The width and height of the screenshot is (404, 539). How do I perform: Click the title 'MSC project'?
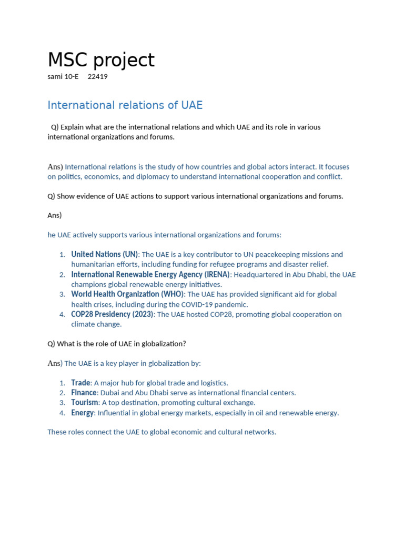point(101,61)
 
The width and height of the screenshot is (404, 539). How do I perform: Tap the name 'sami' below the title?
point(55,77)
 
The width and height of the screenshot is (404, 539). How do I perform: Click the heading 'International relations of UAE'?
point(125,105)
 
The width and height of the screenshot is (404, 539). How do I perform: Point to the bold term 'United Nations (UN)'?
point(104,254)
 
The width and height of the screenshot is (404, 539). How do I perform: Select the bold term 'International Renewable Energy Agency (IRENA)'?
point(150,274)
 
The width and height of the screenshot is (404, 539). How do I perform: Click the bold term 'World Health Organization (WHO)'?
point(127,294)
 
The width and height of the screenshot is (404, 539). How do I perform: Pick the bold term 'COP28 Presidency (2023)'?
point(112,314)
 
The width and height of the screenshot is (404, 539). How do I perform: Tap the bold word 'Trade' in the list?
point(81,383)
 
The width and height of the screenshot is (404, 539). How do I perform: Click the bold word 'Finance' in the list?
point(84,393)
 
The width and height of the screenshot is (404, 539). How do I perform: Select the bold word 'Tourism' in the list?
point(85,403)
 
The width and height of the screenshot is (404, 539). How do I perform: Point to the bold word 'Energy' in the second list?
point(83,413)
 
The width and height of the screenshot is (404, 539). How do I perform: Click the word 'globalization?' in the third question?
point(161,344)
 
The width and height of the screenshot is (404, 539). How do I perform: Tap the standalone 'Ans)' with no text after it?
point(55,215)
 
